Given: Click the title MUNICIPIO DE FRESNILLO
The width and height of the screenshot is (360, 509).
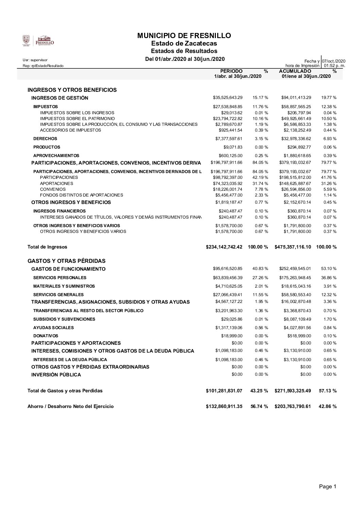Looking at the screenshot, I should (x=184, y=36).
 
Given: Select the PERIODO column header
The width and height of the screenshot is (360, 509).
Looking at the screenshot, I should (x=232, y=71).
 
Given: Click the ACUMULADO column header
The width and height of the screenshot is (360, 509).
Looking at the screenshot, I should (x=295, y=71).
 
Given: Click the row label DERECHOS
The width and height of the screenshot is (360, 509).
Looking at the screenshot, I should (x=45, y=139).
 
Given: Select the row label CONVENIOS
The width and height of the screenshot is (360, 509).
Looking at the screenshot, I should (x=53, y=189).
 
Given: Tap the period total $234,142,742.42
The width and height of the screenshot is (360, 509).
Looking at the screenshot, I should (x=224, y=247).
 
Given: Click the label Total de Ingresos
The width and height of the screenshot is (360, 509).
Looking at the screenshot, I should (x=47, y=247).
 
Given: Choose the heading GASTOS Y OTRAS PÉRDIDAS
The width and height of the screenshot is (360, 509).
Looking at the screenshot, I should (x=66, y=261).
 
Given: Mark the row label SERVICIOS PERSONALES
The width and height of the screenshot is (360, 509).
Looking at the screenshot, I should (x=60, y=277).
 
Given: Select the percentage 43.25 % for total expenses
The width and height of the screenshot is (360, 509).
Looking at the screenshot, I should (x=259, y=391).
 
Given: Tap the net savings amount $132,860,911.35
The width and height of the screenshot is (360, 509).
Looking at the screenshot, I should (x=224, y=406).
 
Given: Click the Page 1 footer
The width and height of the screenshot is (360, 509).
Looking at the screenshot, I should (x=327, y=487).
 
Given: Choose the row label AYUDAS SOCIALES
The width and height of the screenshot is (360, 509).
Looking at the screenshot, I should (x=53, y=328).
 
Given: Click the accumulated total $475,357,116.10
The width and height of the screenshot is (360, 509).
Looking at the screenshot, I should (x=293, y=247).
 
